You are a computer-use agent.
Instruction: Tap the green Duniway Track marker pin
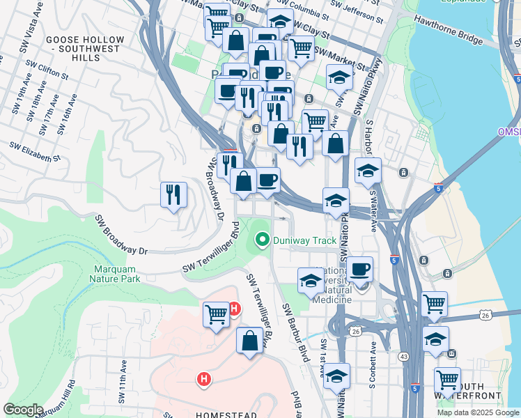[263, 241]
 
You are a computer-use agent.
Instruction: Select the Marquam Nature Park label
[115, 274]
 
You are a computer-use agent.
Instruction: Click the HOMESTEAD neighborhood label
[227, 415]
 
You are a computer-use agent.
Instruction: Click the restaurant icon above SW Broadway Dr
[173, 194]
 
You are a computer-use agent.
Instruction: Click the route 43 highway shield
[403, 357]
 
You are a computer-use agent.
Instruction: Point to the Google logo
[22, 410]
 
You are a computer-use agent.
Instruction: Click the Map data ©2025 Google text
[478, 412]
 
